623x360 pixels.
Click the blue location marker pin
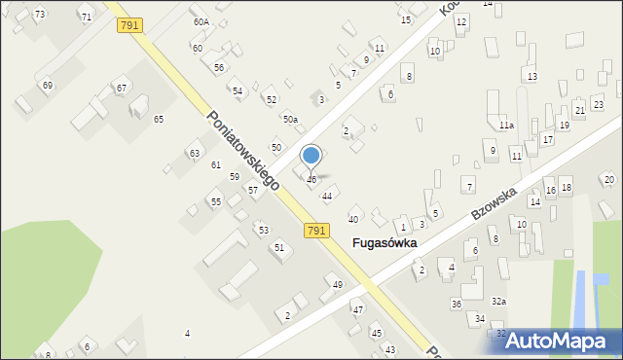(311, 157)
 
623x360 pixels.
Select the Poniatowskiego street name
(243, 148)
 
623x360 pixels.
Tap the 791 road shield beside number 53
(315, 231)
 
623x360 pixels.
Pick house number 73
(39, 14)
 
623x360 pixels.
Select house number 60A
(201, 21)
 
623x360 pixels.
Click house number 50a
(290, 119)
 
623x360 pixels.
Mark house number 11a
(506, 126)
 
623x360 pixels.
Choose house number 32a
(498, 302)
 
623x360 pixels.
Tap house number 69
(47, 86)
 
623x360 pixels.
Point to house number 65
(158, 119)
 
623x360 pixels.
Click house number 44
(327, 196)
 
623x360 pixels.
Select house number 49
(338, 285)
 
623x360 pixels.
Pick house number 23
(598, 104)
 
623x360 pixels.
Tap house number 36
(456, 305)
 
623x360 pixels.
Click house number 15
(405, 20)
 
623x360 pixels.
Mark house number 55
(215, 201)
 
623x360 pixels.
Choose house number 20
(608, 179)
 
